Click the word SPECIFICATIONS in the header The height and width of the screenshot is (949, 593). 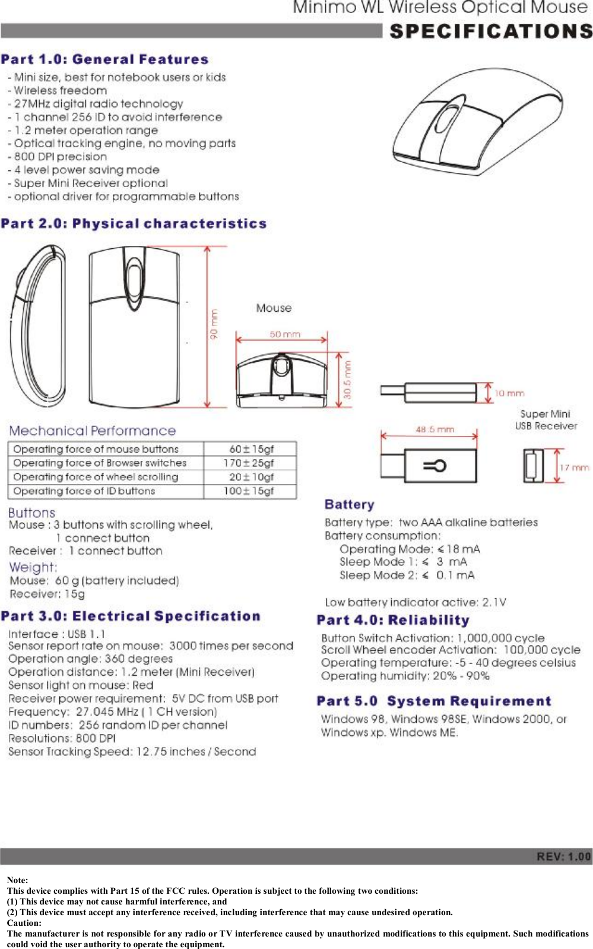[x=490, y=31]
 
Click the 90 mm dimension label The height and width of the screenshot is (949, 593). [x=214, y=324]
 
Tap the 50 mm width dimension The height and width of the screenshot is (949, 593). [x=285, y=334]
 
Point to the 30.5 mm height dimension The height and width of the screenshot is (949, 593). [x=348, y=379]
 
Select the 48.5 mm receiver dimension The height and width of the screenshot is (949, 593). [x=435, y=429]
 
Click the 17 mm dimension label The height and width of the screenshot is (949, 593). [x=574, y=467]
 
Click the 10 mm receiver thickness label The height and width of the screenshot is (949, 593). [x=509, y=393]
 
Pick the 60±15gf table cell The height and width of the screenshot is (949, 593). [x=251, y=449]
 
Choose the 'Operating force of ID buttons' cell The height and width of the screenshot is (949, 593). [x=84, y=491]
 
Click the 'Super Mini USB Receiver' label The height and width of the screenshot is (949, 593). [x=546, y=420]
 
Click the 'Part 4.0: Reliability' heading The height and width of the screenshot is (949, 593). [x=393, y=621]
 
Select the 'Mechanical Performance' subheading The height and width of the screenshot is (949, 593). [x=93, y=431]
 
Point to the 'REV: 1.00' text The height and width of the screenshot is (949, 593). [x=563, y=856]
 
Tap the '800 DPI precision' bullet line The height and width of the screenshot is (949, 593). [x=60, y=157]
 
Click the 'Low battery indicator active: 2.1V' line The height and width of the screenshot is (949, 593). [x=416, y=602]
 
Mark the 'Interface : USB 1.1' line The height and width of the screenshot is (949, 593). [x=57, y=634]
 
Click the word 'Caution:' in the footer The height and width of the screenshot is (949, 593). [x=24, y=923]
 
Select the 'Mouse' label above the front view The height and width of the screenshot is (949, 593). [x=274, y=308]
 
